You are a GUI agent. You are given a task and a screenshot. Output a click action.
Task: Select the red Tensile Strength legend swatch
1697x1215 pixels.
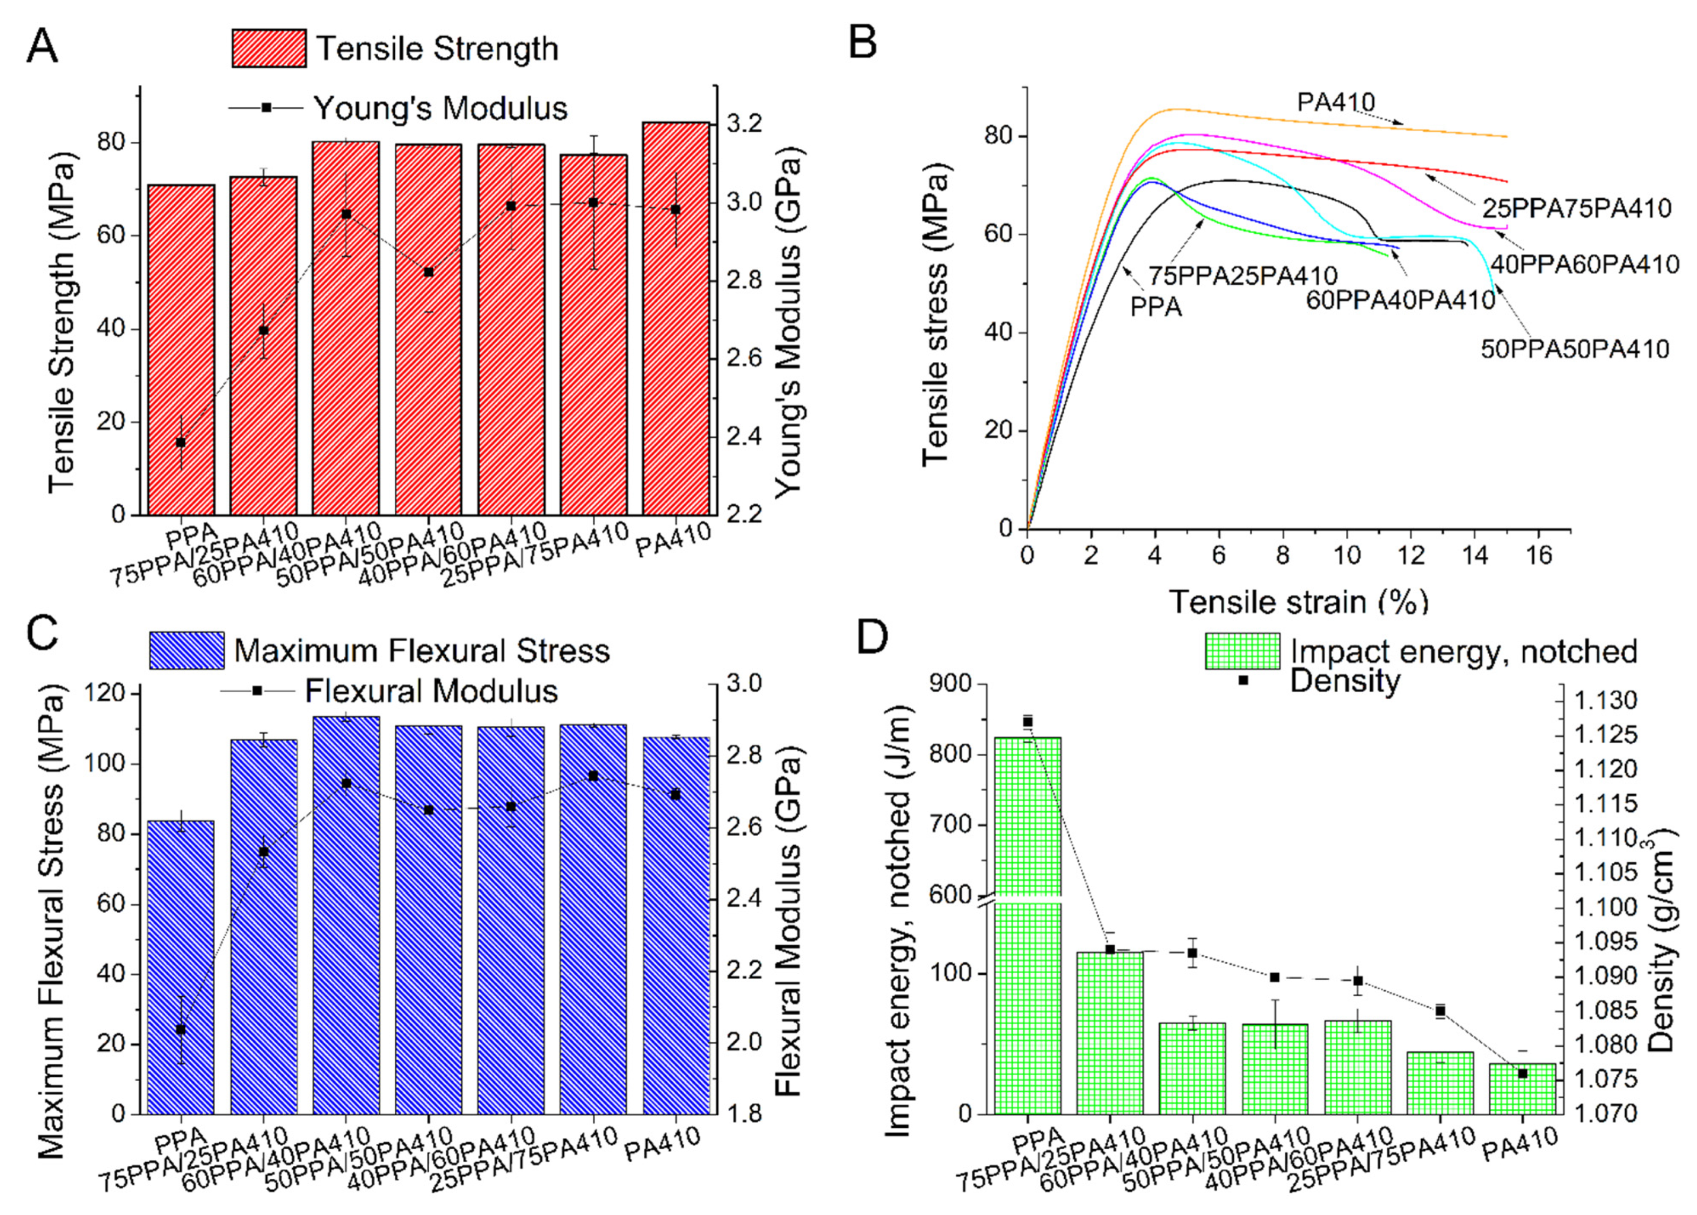click(x=269, y=49)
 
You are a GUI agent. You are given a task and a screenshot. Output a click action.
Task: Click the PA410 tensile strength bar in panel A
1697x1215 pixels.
click(x=676, y=318)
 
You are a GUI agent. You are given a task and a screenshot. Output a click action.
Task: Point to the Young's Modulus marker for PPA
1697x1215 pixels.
click(x=180, y=442)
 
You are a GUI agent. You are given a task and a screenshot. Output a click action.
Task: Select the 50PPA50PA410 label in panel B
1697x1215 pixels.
click(x=1575, y=350)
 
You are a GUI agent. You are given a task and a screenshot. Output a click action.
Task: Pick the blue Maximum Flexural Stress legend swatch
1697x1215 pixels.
click(x=186, y=650)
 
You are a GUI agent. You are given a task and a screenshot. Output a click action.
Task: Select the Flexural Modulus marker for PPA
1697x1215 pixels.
click(x=180, y=1030)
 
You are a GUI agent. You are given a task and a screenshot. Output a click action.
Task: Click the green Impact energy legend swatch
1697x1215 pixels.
click(x=1242, y=651)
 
